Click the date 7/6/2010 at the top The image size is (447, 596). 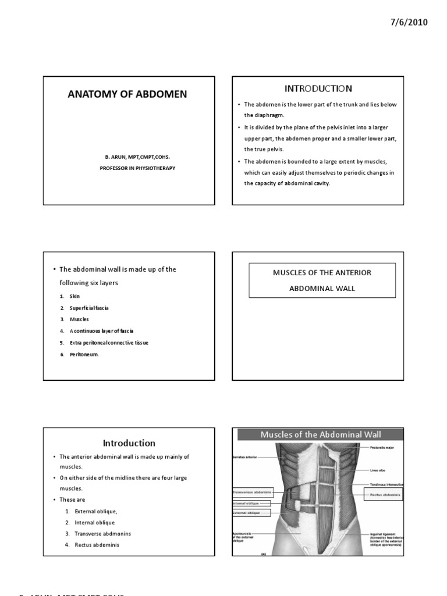[x=407, y=23]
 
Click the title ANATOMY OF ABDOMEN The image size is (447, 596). [x=129, y=94]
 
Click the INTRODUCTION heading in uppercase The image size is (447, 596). [x=318, y=88]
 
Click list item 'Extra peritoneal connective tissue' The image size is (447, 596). [x=109, y=343]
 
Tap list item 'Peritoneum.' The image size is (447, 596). [x=84, y=354]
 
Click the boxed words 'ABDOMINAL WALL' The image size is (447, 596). [x=322, y=288]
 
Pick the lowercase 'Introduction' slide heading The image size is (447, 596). [x=129, y=443]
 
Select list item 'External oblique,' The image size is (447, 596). [x=95, y=511]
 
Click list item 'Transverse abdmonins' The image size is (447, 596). [x=102, y=534]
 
